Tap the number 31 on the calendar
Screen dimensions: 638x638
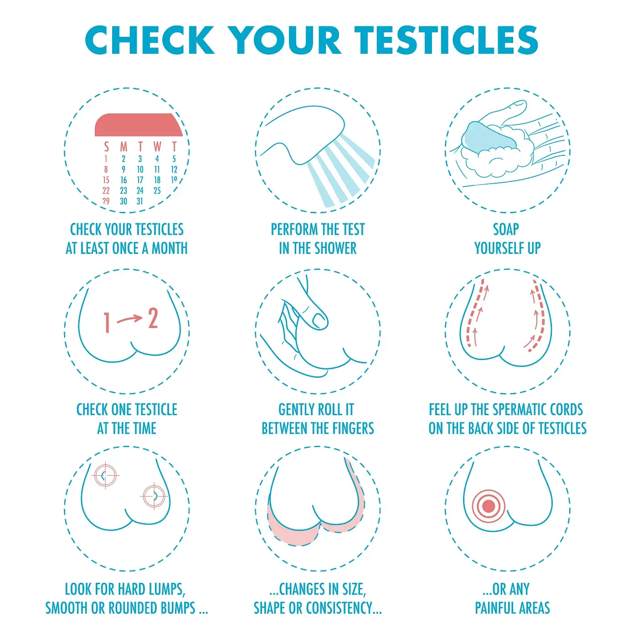click(x=140, y=201)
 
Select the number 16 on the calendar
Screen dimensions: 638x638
click(x=123, y=180)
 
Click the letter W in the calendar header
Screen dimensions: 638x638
click(x=157, y=147)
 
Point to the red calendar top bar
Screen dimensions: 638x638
click(x=138, y=125)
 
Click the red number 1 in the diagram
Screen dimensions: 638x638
click(x=107, y=323)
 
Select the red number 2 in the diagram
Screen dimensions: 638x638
click(x=153, y=319)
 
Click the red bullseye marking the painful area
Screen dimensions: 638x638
click(x=488, y=506)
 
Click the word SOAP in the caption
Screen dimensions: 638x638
click(x=506, y=229)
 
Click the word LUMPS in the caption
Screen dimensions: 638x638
click(x=166, y=589)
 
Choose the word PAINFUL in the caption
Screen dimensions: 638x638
click(x=495, y=608)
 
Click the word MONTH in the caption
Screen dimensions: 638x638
click(x=170, y=248)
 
